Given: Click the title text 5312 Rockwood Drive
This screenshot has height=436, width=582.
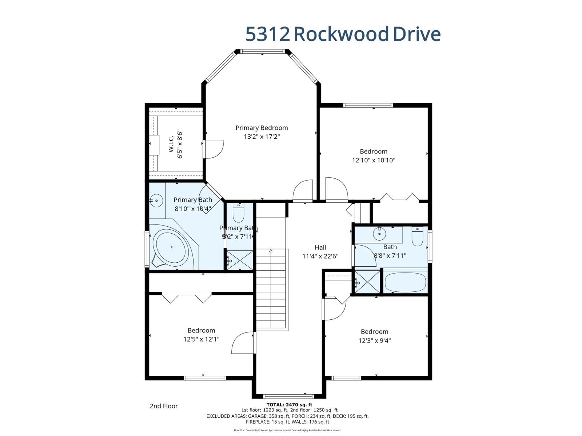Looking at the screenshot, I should (x=343, y=34).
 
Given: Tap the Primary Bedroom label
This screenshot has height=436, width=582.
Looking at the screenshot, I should (x=262, y=128).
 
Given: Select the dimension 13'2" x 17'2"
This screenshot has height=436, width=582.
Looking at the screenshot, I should (x=262, y=137).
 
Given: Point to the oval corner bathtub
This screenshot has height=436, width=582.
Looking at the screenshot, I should (x=172, y=247).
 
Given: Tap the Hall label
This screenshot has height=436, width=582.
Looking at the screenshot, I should (x=320, y=247).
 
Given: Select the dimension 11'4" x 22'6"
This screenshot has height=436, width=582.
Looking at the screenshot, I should (x=320, y=256).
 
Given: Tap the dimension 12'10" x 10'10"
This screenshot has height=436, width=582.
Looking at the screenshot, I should (x=374, y=160).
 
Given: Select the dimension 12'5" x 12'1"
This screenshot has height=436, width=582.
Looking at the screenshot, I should (x=201, y=339).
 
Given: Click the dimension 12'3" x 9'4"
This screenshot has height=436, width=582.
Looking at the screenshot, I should (x=374, y=340).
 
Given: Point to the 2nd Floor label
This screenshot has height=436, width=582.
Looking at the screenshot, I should (x=164, y=406).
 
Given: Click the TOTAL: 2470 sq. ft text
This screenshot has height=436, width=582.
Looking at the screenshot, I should (x=289, y=404).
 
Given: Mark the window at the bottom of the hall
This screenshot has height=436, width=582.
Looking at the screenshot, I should (x=288, y=396).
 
